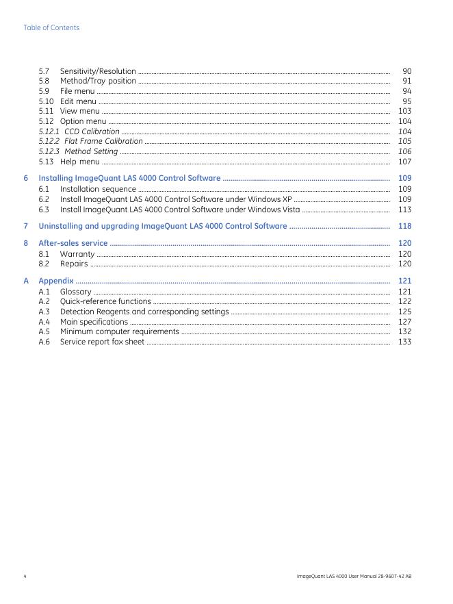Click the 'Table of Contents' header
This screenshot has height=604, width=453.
51,27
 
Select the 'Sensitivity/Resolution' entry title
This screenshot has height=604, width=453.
98,71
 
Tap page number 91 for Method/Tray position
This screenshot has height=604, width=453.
406,81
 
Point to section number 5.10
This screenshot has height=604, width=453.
46,101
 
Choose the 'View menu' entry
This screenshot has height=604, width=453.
79,111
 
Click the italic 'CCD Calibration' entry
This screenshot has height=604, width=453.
92,131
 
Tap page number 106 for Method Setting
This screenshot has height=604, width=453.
404,151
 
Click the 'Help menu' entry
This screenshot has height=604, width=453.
79,162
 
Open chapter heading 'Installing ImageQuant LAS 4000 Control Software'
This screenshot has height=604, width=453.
129,178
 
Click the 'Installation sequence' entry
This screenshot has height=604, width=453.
98,189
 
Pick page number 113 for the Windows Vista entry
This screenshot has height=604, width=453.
404,210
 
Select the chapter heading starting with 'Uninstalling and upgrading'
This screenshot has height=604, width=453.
163,226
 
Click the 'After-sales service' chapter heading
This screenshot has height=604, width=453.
73,243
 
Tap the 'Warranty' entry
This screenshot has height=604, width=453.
77,253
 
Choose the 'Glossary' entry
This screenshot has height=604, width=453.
76,292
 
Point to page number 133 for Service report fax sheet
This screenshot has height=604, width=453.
404,342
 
